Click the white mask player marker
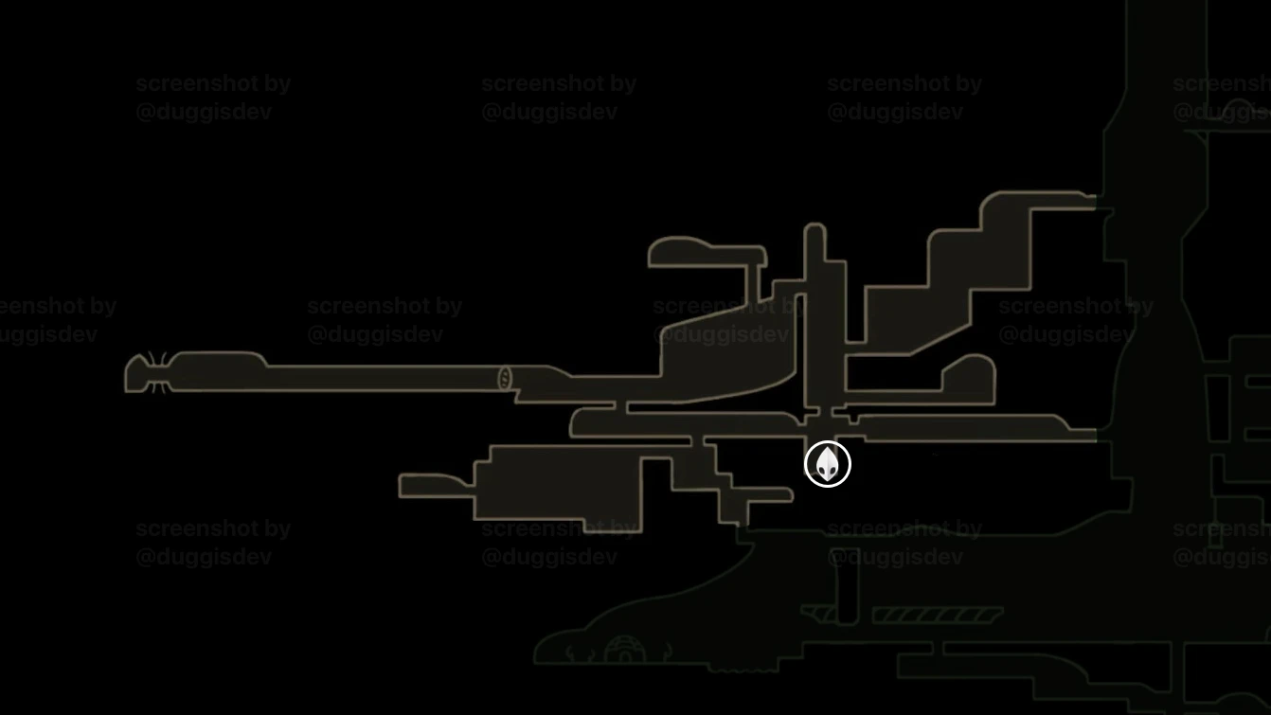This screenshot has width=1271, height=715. coord(827,464)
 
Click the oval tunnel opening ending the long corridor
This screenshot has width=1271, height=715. coord(505,379)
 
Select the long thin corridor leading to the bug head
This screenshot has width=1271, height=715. coord(379,378)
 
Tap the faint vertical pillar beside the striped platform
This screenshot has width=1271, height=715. coord(847,592)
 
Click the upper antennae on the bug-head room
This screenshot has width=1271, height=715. coord(152,359)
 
